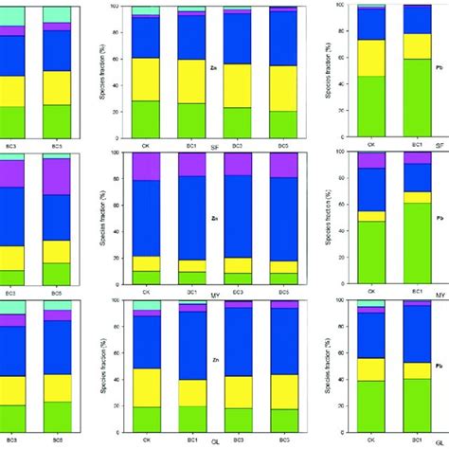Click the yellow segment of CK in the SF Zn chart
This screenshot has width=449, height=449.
tap(146, 79)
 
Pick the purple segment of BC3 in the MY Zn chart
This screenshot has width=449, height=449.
tap(237, 164)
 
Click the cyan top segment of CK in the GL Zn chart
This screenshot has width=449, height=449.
tap(146, 302)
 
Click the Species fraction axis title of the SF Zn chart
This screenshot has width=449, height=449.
tap(101, 71)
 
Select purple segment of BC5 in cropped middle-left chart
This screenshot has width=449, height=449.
tap(57, 176)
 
